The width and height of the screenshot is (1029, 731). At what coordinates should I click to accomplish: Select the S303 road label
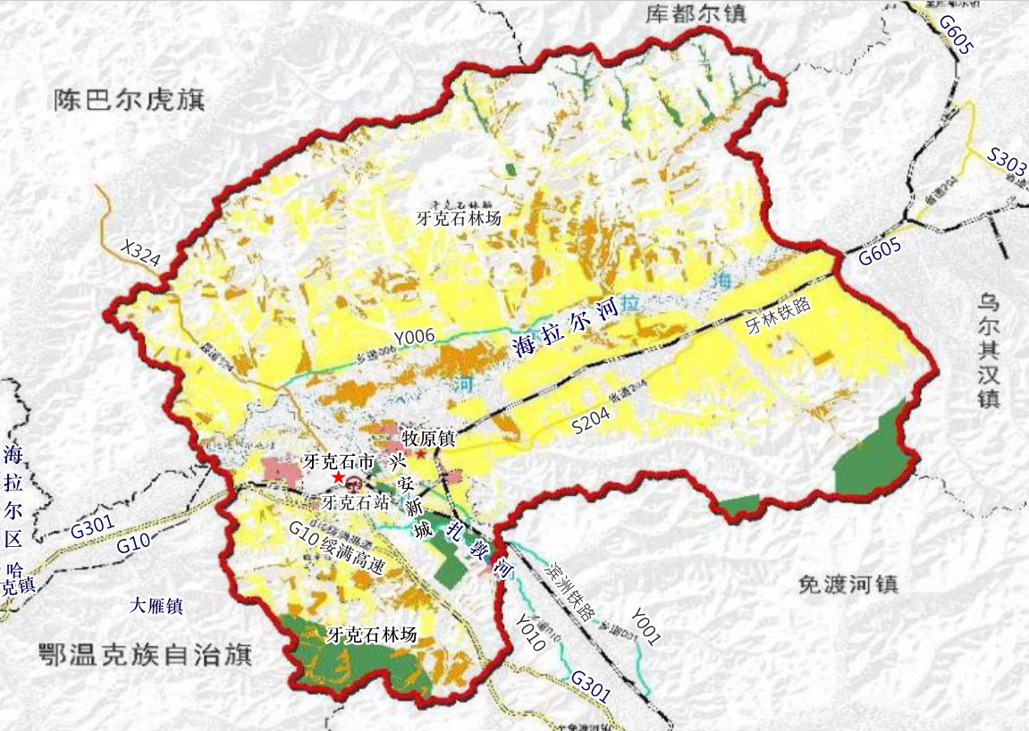[1007, 166]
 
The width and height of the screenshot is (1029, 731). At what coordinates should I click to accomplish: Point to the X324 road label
[140, 254]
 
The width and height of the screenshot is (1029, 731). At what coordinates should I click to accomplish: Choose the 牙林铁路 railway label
[777, 317]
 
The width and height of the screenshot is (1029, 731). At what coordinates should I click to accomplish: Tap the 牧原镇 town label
[429, 439]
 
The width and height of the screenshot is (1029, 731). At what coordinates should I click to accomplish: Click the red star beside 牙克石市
[338, 478]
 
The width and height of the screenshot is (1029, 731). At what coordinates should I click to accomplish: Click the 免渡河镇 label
[848, 584]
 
